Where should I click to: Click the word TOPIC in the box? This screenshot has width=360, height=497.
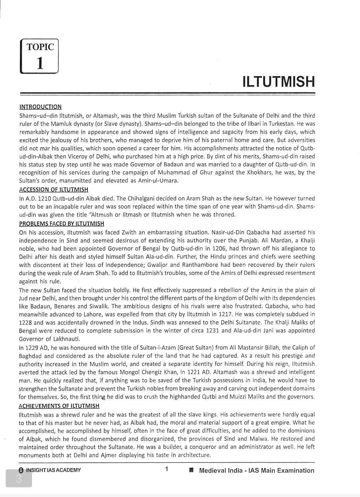(x=40, y=47)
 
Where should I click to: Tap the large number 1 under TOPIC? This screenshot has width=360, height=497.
(x=40, y=62)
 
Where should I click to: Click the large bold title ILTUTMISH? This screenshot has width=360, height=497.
(x=279, y=82)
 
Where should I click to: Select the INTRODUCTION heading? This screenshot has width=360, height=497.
(x=40, y=107)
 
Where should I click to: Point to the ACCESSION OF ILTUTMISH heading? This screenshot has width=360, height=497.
(x=54, y=190)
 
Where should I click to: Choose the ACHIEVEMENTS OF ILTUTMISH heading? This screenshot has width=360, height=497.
(x=59, y=406)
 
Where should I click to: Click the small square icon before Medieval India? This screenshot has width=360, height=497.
(x=191, y=471)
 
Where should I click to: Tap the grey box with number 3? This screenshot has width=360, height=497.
(x=19, y=478)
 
